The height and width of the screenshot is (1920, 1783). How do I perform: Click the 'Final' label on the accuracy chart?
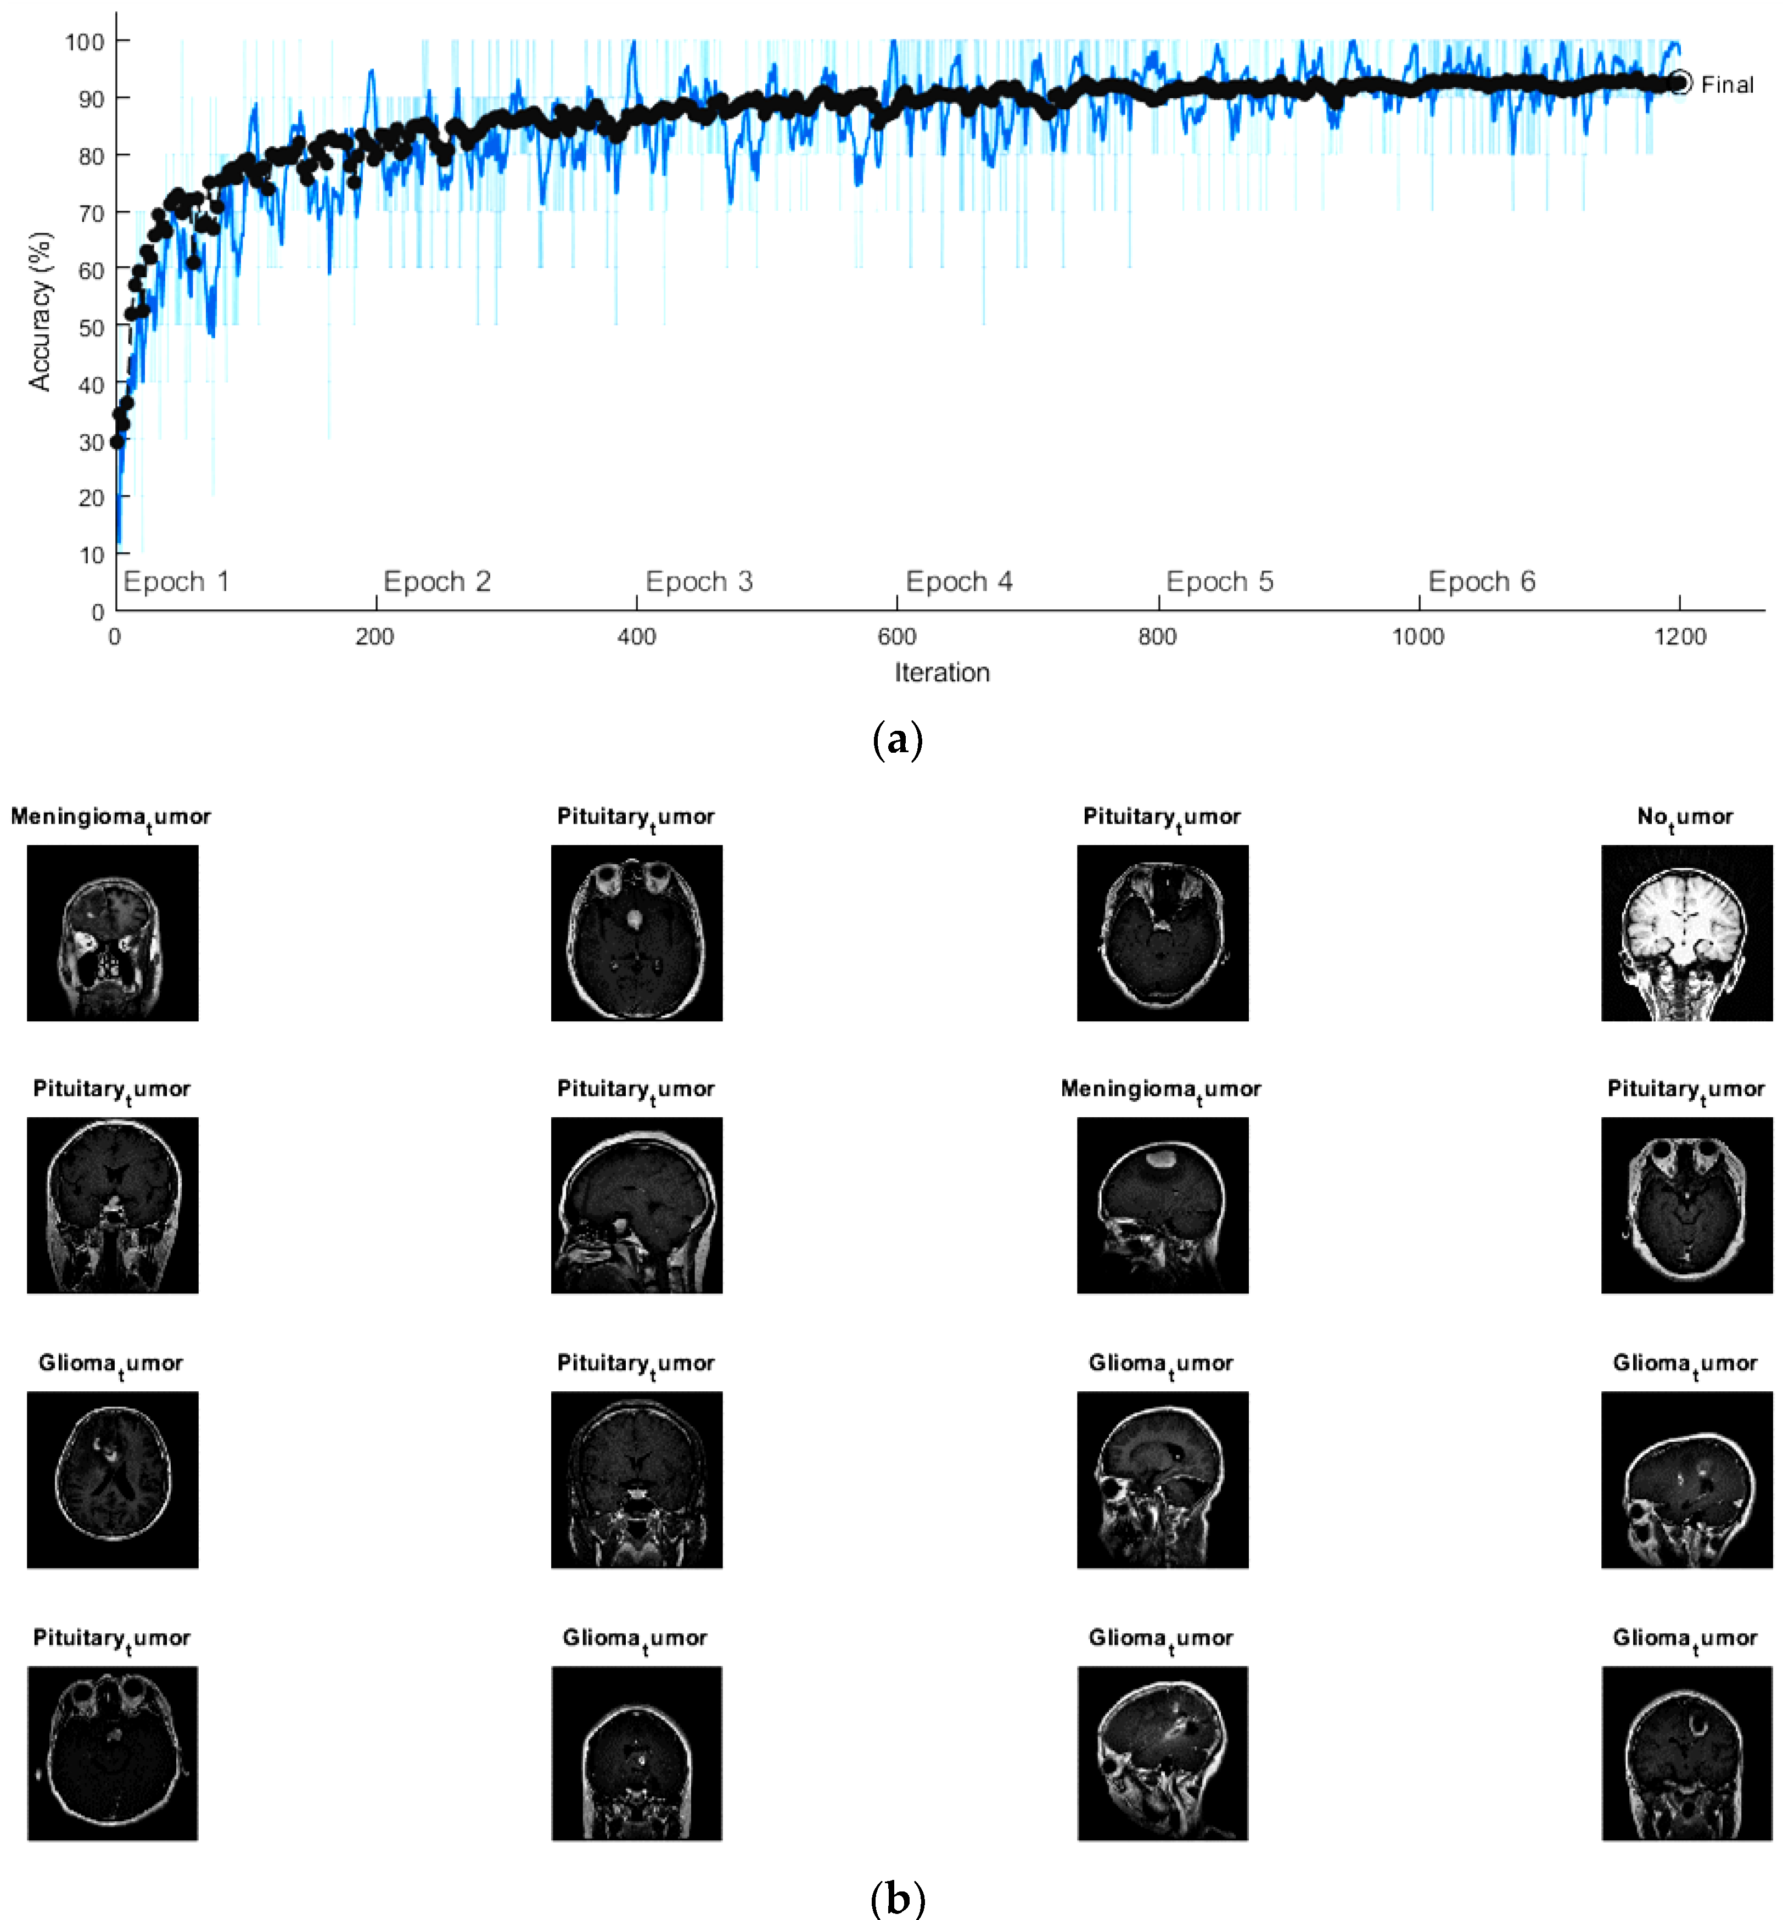pyautogui.click(x=1727, y=85)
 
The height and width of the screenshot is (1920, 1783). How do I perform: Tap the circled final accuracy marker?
pyautogui.click(x=1681, y=83)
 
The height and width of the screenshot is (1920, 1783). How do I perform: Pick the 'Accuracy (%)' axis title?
pyautogui.click(x=41, y=311)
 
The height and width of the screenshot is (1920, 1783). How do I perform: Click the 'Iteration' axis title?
pyautogui.click(x=941, y=673)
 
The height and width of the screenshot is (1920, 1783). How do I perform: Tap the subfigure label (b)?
pyautogui.click(x=898, y=1899)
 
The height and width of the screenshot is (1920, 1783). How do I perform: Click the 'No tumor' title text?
pyautogui.click(x=1685, y=817)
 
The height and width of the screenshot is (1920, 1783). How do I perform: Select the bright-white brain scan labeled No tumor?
pyautogui.click(x=1686, y=933)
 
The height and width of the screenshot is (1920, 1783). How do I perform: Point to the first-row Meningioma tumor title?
pyautogui.click(x=111, y=817)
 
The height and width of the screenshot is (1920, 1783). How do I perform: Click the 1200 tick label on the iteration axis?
pyautogui.click(x=1680, y=637)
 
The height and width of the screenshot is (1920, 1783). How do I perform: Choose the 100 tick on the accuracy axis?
pyautogui.click(x=85, y=42)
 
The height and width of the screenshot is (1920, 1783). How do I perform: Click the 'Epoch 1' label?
pyautogui.click(x=177, y=582)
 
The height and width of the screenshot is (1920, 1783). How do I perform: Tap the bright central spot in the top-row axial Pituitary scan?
pyautogui.click(x=634, y=919)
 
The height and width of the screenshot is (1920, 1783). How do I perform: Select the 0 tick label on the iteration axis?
pyautogui.click(x=115, y=637)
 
